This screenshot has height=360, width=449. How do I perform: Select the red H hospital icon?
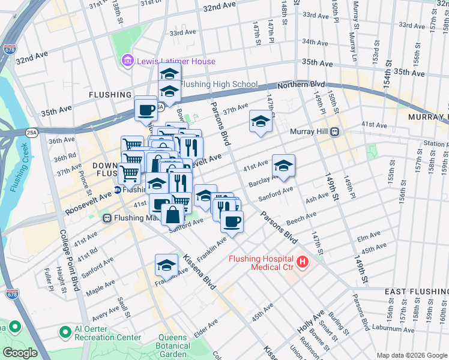[x=302, y=262]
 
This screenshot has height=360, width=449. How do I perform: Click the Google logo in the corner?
[x=20, y=353]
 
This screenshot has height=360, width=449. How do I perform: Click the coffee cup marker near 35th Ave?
[x=146, y=109]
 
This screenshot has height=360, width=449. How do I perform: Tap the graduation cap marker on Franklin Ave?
[x=166, y=265]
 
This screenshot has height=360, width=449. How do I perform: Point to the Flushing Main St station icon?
[x=108, y=218]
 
